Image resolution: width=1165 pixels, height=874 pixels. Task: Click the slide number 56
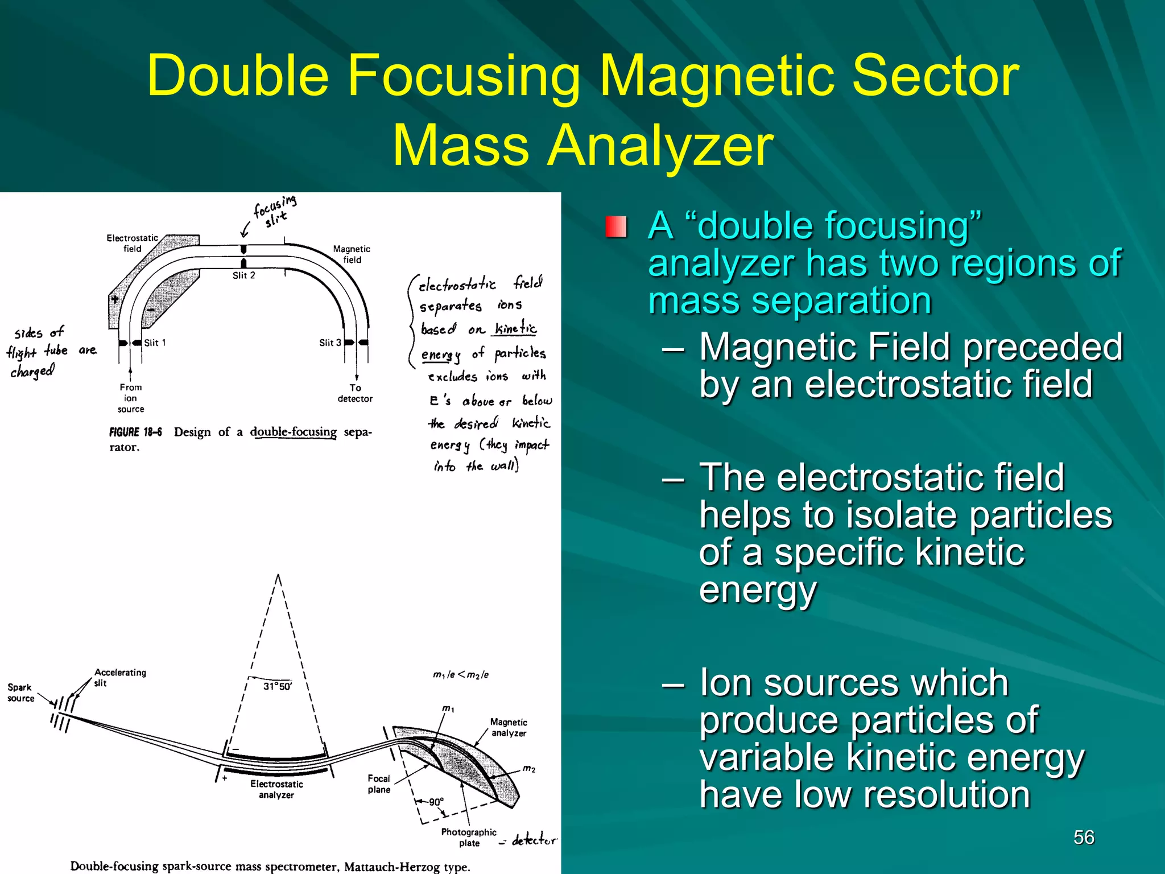(x=1084, y=838)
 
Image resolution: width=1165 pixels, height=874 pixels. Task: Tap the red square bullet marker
(x=616, y=226)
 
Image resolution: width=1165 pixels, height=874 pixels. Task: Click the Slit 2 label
(x=243, y=275)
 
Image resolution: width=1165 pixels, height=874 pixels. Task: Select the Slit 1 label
(x=155, y=343)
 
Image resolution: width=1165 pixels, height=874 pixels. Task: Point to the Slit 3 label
(x=330, y=343)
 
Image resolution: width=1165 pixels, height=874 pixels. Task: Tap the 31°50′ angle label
(x=278, y=686)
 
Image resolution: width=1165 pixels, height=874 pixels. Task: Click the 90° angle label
(x=436, y=802)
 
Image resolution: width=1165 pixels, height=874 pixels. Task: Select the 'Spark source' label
(x=20, y=692)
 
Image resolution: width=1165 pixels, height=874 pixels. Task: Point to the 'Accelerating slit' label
(x=119, y=677)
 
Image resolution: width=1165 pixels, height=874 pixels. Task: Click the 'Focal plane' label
(x=379, y=784)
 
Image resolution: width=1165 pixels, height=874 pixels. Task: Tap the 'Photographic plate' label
(x=469, y=837)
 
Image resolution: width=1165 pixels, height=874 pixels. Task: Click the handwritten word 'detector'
(x=534, y=840)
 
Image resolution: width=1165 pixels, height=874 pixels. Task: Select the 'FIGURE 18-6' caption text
(x=135, y=432)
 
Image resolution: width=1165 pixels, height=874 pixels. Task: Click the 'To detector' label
(x=355, y=393)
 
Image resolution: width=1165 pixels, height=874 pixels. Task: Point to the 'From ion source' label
(x=131, y=398)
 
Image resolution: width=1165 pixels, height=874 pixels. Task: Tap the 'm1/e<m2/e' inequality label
(x=461, y=675)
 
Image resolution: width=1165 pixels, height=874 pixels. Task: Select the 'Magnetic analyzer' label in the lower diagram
(x=509, y=727)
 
